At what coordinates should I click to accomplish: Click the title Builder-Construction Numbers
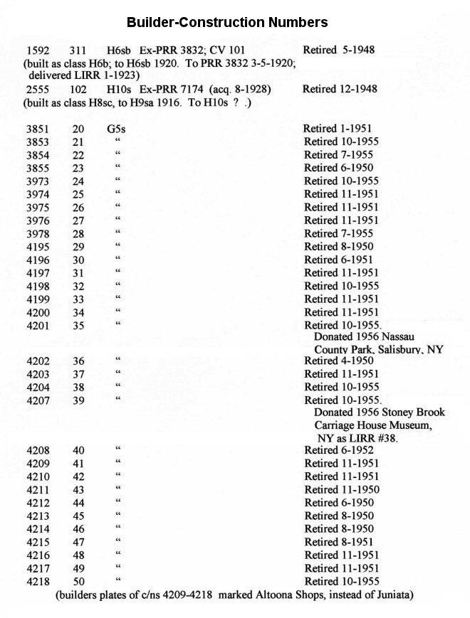tap(226, 22)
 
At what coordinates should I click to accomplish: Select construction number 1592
tap(37, 50)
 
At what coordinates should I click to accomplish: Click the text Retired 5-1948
tap(339, 50)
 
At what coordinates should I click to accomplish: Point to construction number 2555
tap(37, 90)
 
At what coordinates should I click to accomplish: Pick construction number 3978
tap(37, 233)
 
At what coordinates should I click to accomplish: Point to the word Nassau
tap(411, 337)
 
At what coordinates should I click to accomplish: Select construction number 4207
tap(37, 400)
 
